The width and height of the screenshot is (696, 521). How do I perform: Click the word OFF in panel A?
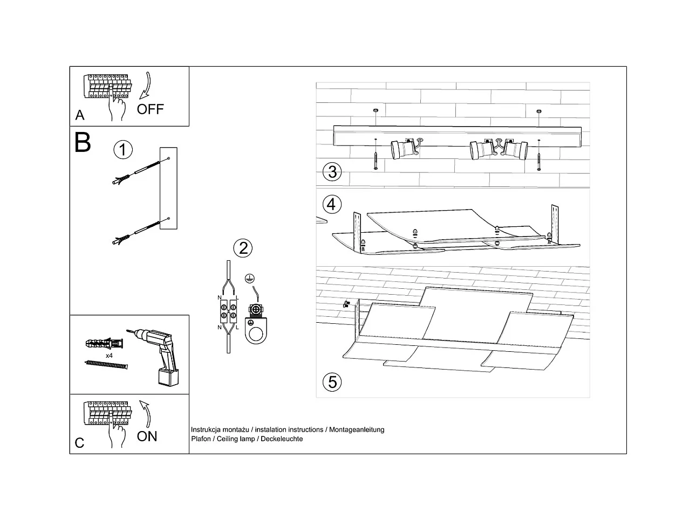[150, 109]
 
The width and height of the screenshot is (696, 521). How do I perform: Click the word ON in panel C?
[147, 436]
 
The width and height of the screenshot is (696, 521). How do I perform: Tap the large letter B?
[83, 142]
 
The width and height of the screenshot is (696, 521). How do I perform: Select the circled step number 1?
[123, 149]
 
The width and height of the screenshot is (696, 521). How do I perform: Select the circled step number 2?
[243, 248]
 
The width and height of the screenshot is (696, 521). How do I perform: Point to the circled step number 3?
[332, 172]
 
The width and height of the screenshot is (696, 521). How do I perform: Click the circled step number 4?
[332, 204]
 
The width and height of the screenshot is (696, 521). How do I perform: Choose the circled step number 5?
[332, 382]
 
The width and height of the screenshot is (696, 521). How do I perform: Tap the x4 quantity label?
[109, 356]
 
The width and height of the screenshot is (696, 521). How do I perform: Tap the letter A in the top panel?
[80, 115]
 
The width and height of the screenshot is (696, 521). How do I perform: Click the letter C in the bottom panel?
[80, 443]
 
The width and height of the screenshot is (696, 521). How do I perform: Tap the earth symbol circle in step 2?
[249, 279]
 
